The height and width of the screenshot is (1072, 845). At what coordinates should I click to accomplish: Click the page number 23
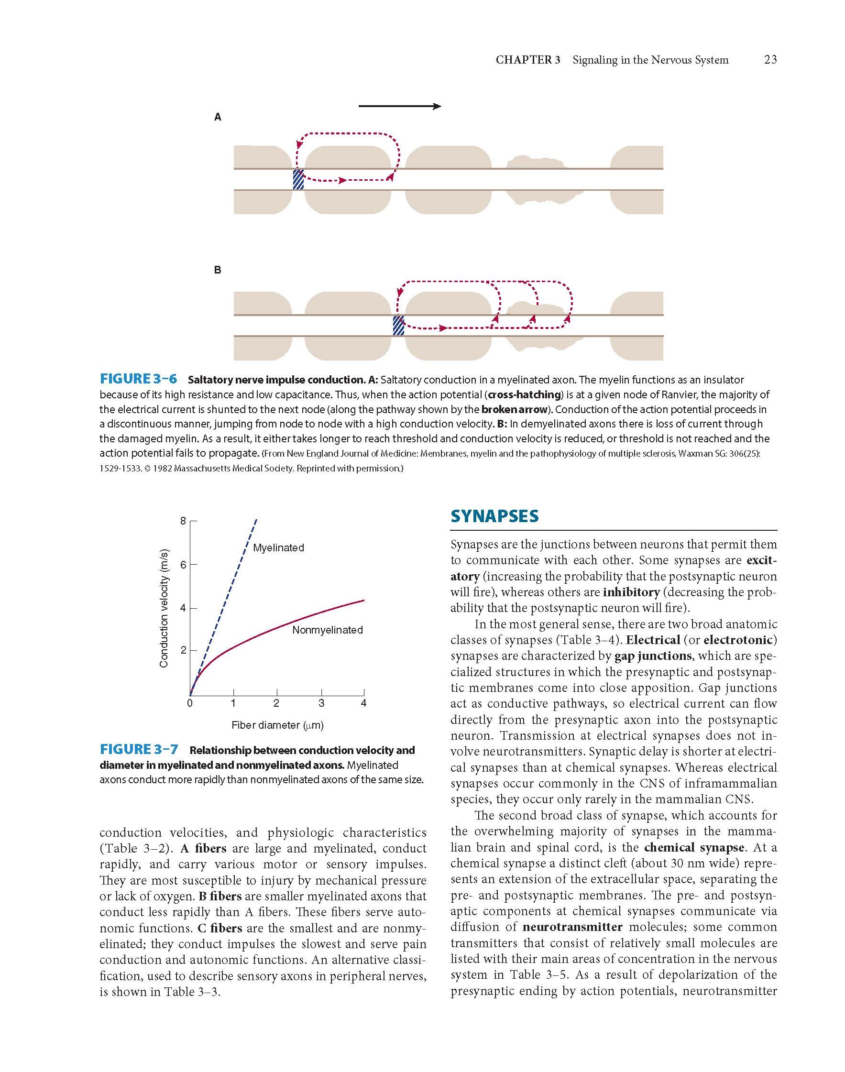pos(770,60)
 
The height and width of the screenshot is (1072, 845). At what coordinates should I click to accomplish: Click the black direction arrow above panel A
pos(399,106)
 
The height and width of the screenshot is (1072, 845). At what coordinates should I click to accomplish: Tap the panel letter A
pos(217,117)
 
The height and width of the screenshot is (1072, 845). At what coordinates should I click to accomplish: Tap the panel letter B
pos(217,270)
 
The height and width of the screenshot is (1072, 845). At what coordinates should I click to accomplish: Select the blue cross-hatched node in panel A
pos(298,180)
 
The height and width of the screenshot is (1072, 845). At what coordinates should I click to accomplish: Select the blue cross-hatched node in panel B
pos(398,326)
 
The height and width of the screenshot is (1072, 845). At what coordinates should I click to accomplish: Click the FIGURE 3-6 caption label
pos(138,380)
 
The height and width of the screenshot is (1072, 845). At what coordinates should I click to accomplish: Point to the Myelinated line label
pos(278,547)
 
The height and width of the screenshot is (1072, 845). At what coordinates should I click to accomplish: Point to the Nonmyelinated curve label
pos(328,630)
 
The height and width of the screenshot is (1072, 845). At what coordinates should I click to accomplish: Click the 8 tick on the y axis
pos(183,521)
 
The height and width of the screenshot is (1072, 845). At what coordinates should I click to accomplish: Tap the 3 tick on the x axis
pos(321,703)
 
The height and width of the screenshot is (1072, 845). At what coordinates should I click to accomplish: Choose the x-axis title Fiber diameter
pos(277,725)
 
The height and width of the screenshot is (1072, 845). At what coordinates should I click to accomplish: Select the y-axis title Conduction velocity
pos(164,608)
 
